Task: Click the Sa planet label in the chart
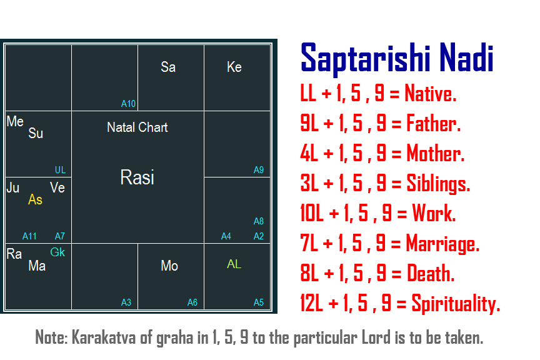pyautogui.click(x=168, y=67)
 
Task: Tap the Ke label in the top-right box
pyautogui.click(x=234, y=67)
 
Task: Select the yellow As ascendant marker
pyautogui.click(x=35, y=199)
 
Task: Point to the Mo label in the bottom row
pyautogui.click(x=169, y=266)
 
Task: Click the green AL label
pyautogui.click(x=234, y=264)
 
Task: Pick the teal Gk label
pyautogui.click(x=57, y=252)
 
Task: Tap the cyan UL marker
pyautogui.click(x=60, y=170)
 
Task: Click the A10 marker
pyautogui.click(x=129, y=104)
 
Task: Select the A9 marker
pyautogui.click(x=259, y=170)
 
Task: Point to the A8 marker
pyautogui.click(x=259, y=221)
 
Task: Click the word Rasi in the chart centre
pyautogui.click(x=137, y=177)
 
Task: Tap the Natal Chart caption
pyautogui.click(x=137, y=127)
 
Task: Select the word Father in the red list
pyautogui.click(x=434, y=123)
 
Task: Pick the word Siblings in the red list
pyautogui.click(x=438, y=183)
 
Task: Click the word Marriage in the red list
pyautogui.click(x=443, y=244)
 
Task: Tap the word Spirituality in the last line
pyautogui.click(x=456, y=304)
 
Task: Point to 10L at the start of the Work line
pyautogui.click(x=312, y=213)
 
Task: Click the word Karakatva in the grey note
pyautogui.click(x=104, y=337)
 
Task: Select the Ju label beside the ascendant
pyautogui.click(x=13, y=187)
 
